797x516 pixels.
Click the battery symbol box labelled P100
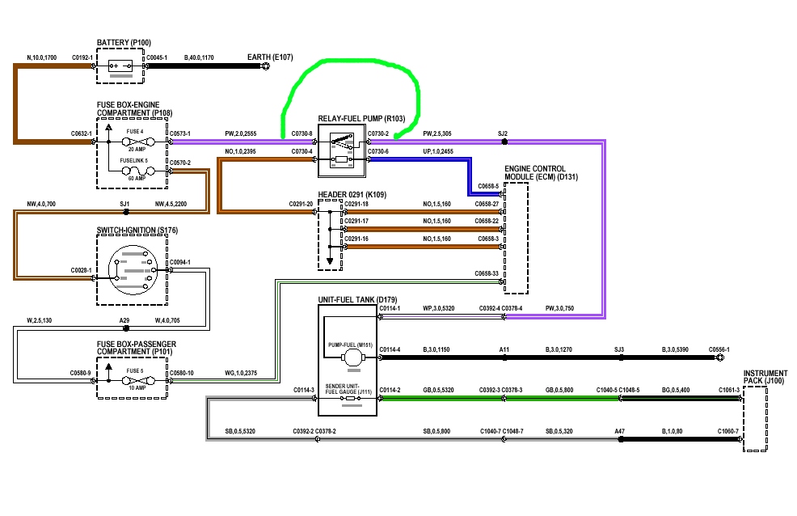(x=120, y=66)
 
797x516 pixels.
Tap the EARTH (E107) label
(x=271, y=57)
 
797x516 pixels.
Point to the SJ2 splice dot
(x=504, y=142)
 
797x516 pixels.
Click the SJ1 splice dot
(x=125, y=212)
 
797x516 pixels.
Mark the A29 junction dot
(x=124, y=329)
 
